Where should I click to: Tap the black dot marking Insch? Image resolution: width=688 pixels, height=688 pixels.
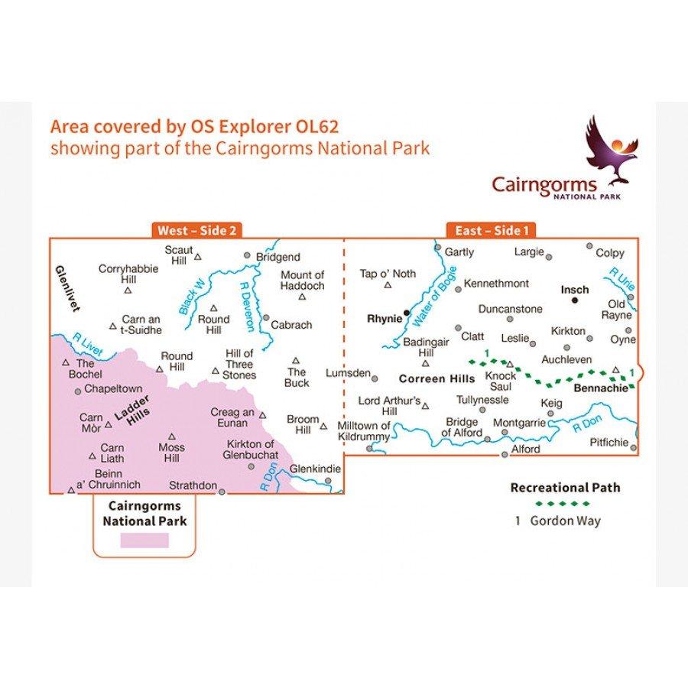coord(575,301)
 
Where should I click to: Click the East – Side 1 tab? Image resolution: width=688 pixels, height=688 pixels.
coord(491,230)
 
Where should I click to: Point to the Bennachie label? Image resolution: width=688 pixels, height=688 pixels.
coord(600,388)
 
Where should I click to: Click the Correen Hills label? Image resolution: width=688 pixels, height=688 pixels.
coord(435,377)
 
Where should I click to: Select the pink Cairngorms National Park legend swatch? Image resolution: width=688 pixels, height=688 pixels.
coord(144,540)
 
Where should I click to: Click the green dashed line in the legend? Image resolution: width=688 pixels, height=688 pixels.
coord(563,503)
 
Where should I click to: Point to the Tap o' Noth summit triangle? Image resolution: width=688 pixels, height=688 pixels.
coord(388,286)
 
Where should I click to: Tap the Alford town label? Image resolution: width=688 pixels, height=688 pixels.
coord(525,449)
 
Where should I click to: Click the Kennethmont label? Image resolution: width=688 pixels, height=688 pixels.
coord(496,284)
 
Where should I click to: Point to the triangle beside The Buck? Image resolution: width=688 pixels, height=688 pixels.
coord(296,361)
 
